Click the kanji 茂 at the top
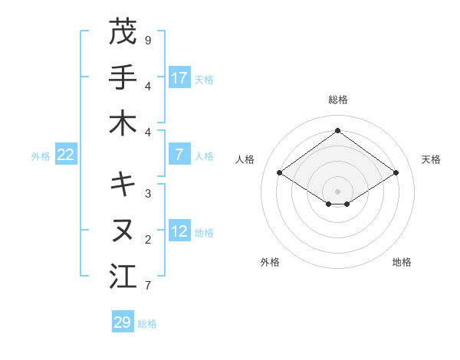[x=123, y=33]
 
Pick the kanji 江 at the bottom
[x=123, y=277]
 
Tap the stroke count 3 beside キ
[x=148, y=193]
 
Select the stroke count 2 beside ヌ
[x=148, y=240]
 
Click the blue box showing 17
[x=179, y=78]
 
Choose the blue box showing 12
[x=179, y=232]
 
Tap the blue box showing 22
[x=66, y=155]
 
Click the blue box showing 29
[x=123, y=322]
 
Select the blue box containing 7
[x=179, y=155]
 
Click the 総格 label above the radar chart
[x=337, y=100]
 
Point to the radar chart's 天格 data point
[x=396, y=173]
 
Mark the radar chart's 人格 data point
[x=279, y=173]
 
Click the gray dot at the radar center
[x=337, y=191]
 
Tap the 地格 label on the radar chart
[x=402, y=262]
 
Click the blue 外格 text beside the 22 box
[x=41, y=156]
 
